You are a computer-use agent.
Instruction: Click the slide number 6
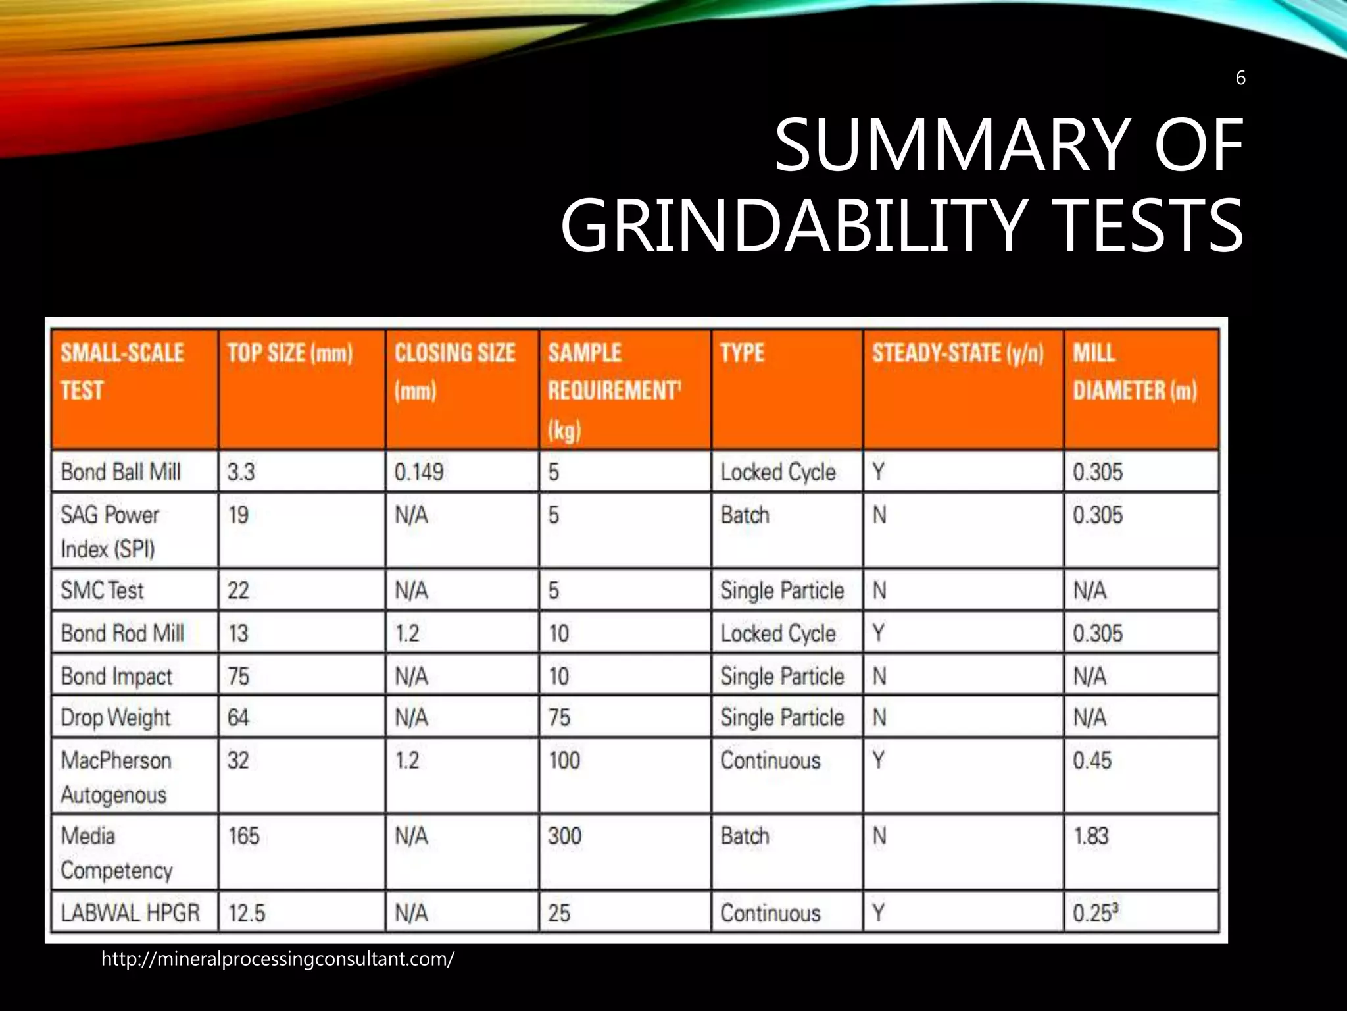click(x=1240, y=78)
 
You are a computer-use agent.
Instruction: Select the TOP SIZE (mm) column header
click(x=290, y=353)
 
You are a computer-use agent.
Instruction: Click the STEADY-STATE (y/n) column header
click(x=958, y=353)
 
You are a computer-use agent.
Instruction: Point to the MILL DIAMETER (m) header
click(x=1135, y=372)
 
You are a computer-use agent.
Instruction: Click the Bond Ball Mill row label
click(x=120, y=472)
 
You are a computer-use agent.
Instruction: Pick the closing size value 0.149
click(x=419, y=472)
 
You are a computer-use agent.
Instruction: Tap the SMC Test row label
click(x=102, y=590)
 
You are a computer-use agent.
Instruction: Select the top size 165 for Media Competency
click(x=243, y=837)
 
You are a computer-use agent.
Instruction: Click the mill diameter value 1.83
click(x=1091, y=837)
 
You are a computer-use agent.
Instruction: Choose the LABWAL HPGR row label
click(x=130, y=913)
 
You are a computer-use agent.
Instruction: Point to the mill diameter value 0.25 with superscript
click(x=1096, y=913)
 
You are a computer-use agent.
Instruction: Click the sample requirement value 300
click(x=565, y=837)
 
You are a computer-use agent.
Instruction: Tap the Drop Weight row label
click(x=115, y=717)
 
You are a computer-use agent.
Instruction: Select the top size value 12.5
click(x=247, y=913)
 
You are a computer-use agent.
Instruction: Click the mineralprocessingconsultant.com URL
click(x=278, y=959)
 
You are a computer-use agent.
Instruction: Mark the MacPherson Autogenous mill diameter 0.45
click(x=1092, y=761)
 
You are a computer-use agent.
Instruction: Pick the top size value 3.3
click(x=241, y=472)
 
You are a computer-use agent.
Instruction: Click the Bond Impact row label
click(x=116, y=676)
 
